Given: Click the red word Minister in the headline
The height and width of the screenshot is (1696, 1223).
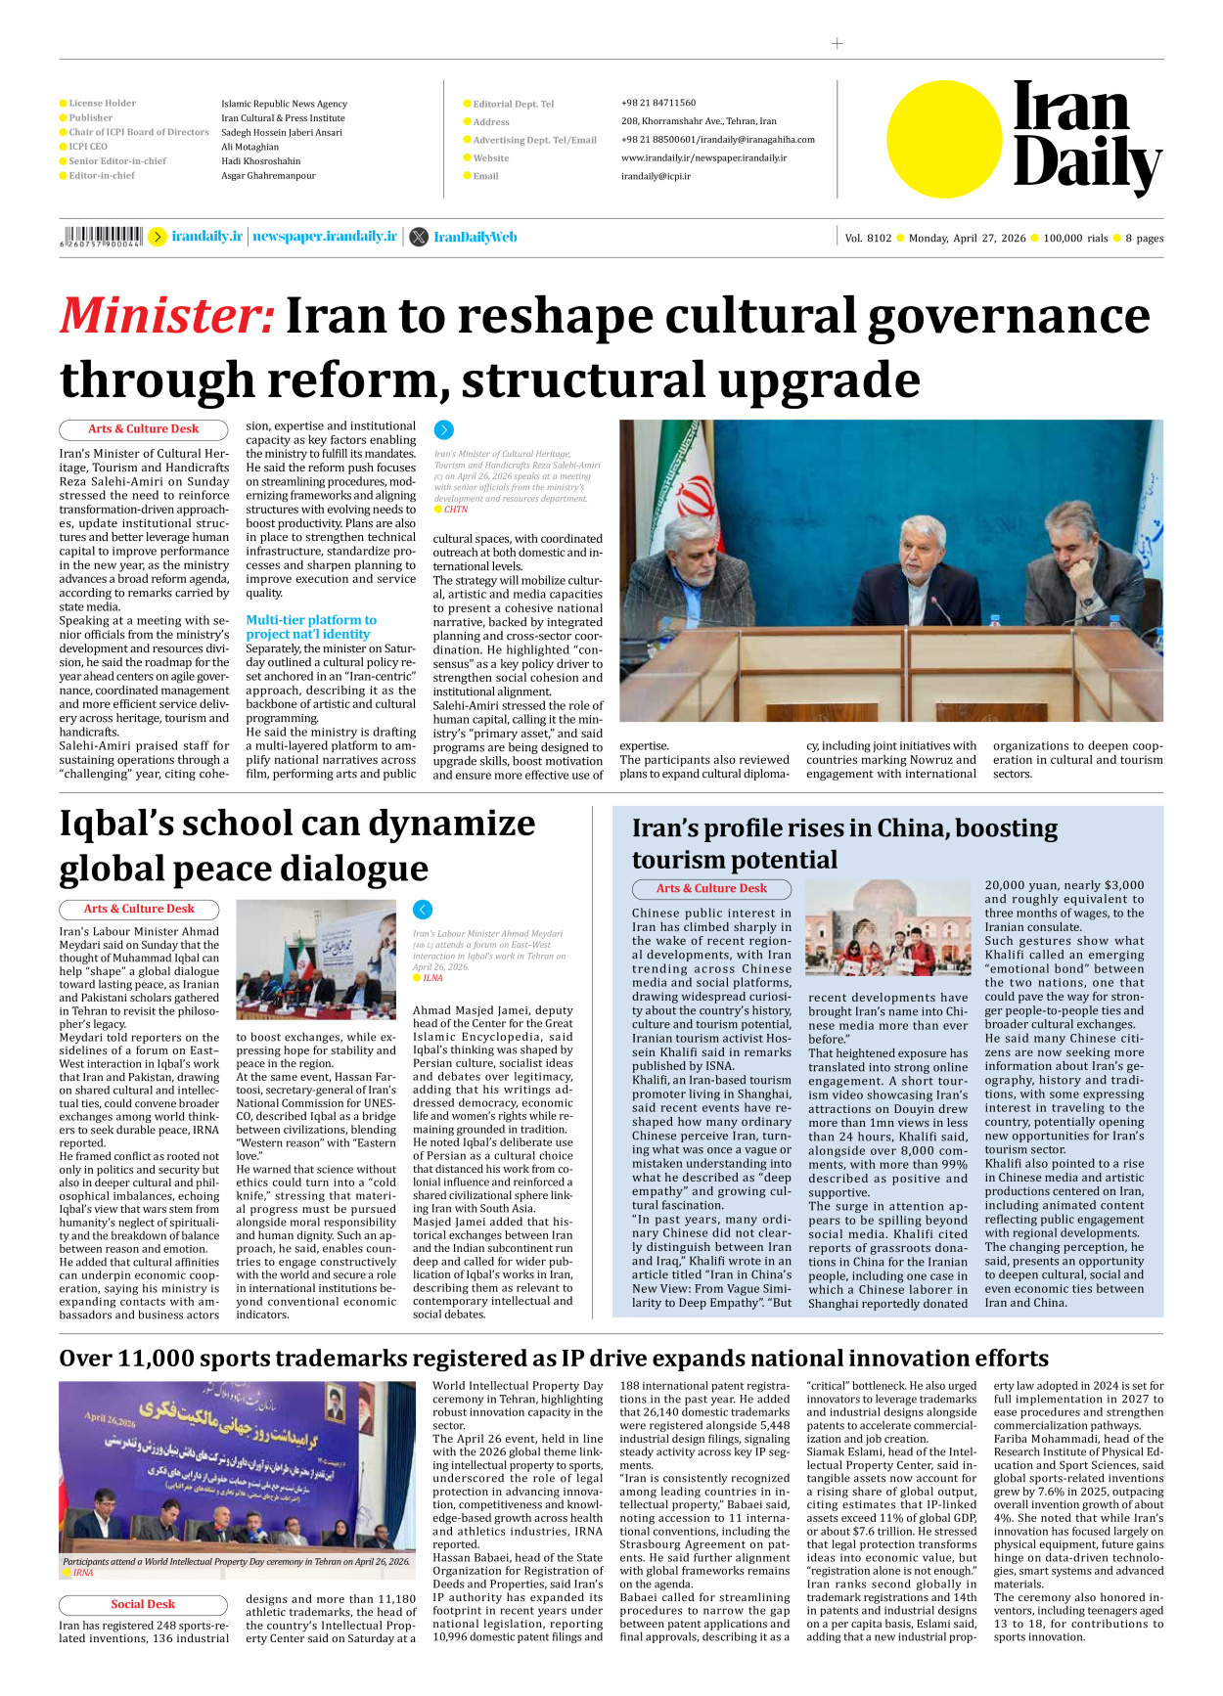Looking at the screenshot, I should (167, 317).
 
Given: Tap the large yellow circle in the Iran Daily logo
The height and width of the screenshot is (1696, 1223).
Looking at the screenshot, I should (944, 139).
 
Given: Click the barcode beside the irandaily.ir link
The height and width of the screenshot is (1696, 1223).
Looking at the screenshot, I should (102, 236).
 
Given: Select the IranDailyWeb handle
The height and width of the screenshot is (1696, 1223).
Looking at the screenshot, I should (475, 237).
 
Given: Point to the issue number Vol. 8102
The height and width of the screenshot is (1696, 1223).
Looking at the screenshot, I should (868, 238).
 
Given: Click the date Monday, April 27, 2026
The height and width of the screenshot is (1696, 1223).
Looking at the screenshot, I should (967, 238).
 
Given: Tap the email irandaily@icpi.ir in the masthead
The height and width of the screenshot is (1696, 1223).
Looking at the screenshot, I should (656, 176).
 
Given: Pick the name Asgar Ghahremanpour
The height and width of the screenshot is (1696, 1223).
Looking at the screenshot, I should (268, 176).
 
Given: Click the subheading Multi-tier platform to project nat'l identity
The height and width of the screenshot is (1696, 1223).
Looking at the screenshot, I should (310, 627).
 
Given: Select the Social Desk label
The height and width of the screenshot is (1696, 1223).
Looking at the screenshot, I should (143, 1604).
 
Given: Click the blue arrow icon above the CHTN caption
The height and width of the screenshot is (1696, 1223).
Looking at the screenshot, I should (443, 429).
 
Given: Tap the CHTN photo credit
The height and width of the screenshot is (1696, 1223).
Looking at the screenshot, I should (455, 510).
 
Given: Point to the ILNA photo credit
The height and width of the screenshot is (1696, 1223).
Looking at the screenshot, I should (431, 977).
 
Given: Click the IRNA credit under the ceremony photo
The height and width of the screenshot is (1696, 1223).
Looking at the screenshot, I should (83, 1573).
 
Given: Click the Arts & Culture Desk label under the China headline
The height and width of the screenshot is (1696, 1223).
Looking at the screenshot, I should (711, 888).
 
